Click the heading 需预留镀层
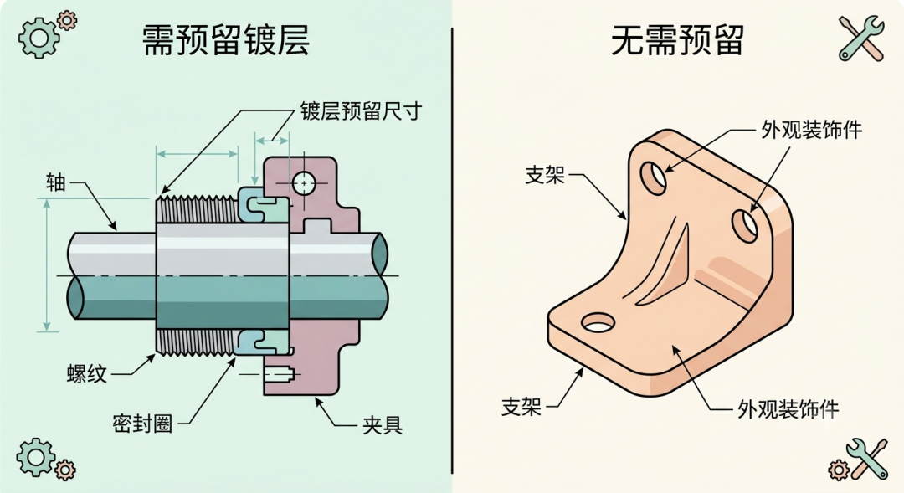click(225, 40)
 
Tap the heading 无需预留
click(677, 40)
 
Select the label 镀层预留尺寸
click(361, 110)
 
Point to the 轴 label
click(56, 182)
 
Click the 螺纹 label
click(87, 373)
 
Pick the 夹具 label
click(383, 425)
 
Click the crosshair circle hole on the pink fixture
click(303, 183)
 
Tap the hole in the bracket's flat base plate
click(598, 323)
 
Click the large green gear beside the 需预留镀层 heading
click(39, 38)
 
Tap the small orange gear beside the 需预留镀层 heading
click(68, 20)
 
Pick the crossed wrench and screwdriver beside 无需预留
click(861, 38)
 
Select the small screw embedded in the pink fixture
click(280, 374)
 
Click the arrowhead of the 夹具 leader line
click(318, 401)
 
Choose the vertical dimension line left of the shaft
click(47, 265)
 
